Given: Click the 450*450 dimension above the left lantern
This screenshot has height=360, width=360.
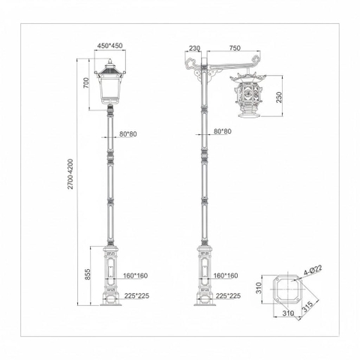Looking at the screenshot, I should coord(109,46).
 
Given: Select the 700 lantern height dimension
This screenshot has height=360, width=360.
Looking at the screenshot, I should coord(86,83).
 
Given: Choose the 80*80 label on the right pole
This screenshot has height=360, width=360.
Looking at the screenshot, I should coord(221,131).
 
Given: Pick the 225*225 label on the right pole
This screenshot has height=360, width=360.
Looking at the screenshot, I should coord(227,295).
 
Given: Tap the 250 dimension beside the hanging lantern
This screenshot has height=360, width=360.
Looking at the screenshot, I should coord(278,97).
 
